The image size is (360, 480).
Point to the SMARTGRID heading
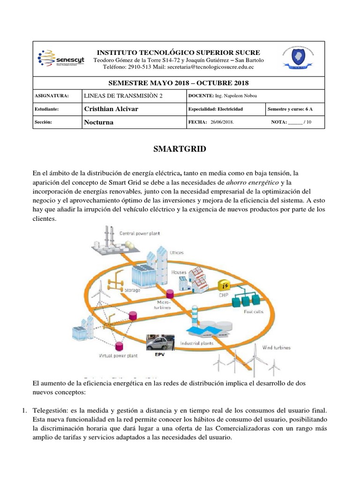pos(180,150)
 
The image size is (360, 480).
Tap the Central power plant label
pos(139,233)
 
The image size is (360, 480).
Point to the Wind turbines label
pos(276,347)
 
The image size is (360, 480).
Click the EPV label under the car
pos(160,354)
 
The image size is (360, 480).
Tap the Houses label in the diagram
pos(179,272)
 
